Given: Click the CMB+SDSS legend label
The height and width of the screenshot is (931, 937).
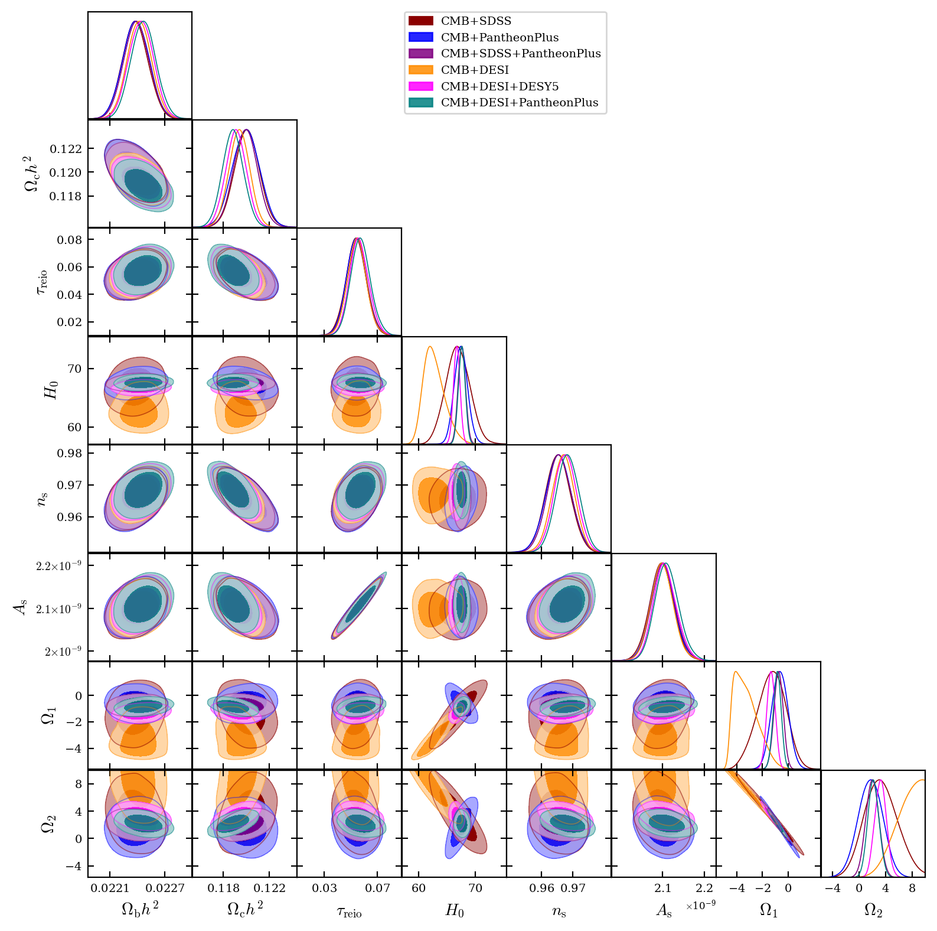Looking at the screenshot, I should pyautogui.click(x=476, y=21).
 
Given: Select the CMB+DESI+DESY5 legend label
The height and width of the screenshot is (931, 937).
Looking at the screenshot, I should pyautogui.click(x=499, y=87).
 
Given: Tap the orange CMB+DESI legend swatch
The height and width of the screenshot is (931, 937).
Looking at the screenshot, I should pyautogui.click(x=420, y=70).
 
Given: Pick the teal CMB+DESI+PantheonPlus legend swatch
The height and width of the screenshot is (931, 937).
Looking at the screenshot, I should pyautogui.click(x=420, y=103).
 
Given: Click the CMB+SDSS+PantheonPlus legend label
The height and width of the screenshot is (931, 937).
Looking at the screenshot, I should pyautogui.click(x=521, y=54).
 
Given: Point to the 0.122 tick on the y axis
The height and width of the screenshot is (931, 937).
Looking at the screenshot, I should pyautogui.click(x=66, y=149).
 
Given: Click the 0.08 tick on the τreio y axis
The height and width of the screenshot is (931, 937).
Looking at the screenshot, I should pyautogui.click(x=69, y=240).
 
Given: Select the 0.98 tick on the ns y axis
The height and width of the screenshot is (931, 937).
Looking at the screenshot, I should pyautogui.click(x=69, y=454).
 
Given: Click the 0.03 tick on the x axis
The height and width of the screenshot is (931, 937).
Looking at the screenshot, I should pyautogui.click(x=324, y=888).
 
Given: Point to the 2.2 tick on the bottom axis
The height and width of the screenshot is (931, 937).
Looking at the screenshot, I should pyautogui.click(x=704, y=888).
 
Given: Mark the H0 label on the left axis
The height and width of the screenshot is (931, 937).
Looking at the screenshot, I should pyautogui.click(x=52, y=390).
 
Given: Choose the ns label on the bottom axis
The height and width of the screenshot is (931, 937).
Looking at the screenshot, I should pyautogui.click(x=559, y=912).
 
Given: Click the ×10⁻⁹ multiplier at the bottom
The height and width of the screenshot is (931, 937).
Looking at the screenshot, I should pyautogui.click(x=700, y=906).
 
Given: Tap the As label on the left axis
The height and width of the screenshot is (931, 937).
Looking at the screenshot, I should pyautogui.click(x=21, y=607).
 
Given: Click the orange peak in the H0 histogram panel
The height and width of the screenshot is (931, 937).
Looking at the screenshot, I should pyautogui.click(x=430, y=347).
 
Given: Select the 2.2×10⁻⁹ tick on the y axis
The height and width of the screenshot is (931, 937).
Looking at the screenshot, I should pyautogui.click(x=58, y=566).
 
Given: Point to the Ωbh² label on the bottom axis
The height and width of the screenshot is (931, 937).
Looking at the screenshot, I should pyautogui.click(x=140, y=909).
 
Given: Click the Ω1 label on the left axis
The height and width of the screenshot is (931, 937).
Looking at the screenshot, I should pyautogui.click(x=48, y=716).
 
